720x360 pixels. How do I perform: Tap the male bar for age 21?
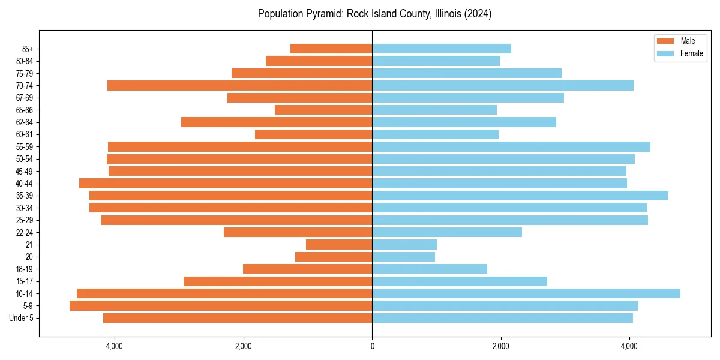[x=339, y=245]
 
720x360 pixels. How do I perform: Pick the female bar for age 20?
[x=403, y=257]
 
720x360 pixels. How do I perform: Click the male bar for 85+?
[x=331, y=49]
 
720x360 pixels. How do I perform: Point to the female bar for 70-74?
[x=503, y=86]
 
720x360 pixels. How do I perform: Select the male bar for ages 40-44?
[x=226, y=184]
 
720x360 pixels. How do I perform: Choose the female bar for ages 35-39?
[x=520, y=196]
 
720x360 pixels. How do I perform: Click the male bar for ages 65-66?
[x=323, y=110]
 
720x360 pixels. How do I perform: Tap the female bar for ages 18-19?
[x=430, y=269]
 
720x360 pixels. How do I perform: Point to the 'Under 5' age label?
[x=22, y=318]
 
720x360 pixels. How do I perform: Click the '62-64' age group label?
[x=25, y=122]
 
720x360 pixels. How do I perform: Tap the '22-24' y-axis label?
[x=25, y=232]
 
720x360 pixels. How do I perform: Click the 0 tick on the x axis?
[x=372, y=346]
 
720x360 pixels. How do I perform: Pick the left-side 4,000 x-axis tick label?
[x=115, y=346]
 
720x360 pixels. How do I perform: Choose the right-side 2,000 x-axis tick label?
[x=500, y=346]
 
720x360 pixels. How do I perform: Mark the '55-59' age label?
[x=25, y=147]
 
